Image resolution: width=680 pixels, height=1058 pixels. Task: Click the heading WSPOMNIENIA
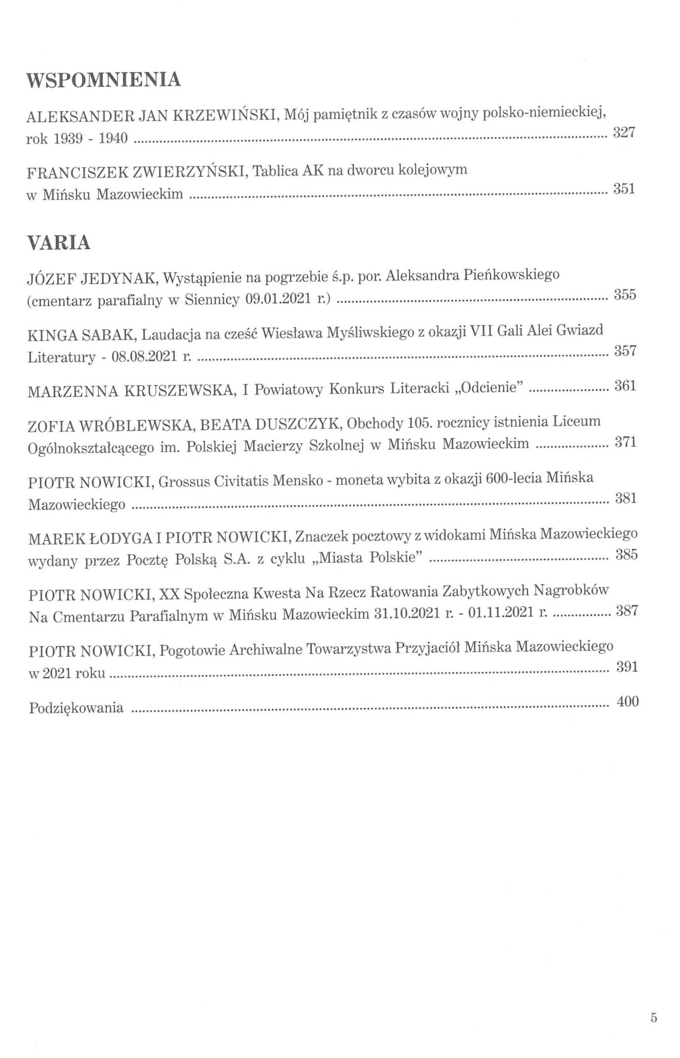tap(104, 80)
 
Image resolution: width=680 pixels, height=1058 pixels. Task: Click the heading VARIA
tap(59, 243)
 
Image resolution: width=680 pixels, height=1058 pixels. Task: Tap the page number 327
tap(624, 132)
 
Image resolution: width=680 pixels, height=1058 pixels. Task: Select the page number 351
tap(624, 189)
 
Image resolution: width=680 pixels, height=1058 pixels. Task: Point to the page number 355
tap(625, 294)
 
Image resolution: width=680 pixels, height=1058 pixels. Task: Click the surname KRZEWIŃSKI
tap(224, 116)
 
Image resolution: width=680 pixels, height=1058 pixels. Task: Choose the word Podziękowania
tap(76, 708)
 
